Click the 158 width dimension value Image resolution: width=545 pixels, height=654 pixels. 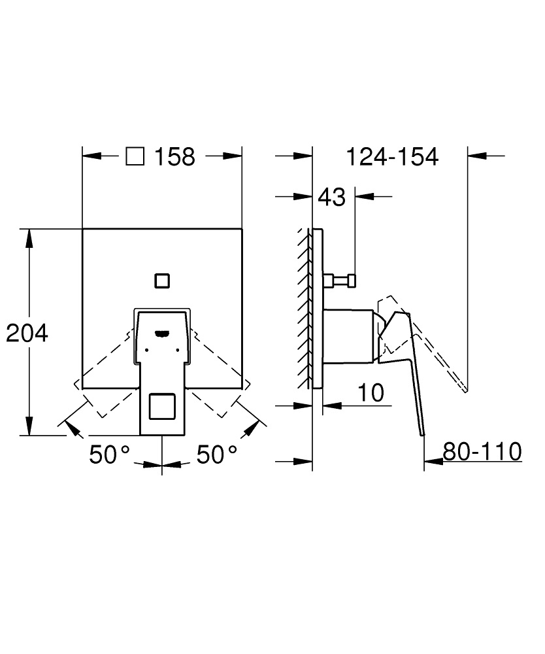pyautogui.click(x=175, y=157)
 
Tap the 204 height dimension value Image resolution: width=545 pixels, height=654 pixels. pyautogui.click(x=27, y=334)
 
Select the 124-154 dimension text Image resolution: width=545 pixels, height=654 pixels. pyautogui.click(x=391, y=157)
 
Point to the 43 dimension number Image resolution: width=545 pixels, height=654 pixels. pyautogui.click(x=331, y=196)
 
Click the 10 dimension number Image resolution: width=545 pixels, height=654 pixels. pyautogui.click(x=370, y=392)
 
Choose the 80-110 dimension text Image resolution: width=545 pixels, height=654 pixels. pyautogui.click(x=482, y=451)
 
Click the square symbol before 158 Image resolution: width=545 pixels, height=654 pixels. pyautogui.click(x=135, y=156)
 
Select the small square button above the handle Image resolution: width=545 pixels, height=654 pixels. pyautogui.click(x=161, y=281)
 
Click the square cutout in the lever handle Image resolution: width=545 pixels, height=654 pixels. pyautogui.click(x=161, y=407)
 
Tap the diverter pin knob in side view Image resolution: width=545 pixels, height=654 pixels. pyautogui.click(x=350, y=281)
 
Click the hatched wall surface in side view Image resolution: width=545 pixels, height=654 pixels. pyautogui.click(x=304, y=307)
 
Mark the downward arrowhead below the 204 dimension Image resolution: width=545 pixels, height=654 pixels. pyautogui.click(x=29, y=428)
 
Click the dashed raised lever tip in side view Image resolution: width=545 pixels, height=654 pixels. pyautogui.click(x=465, y=390)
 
